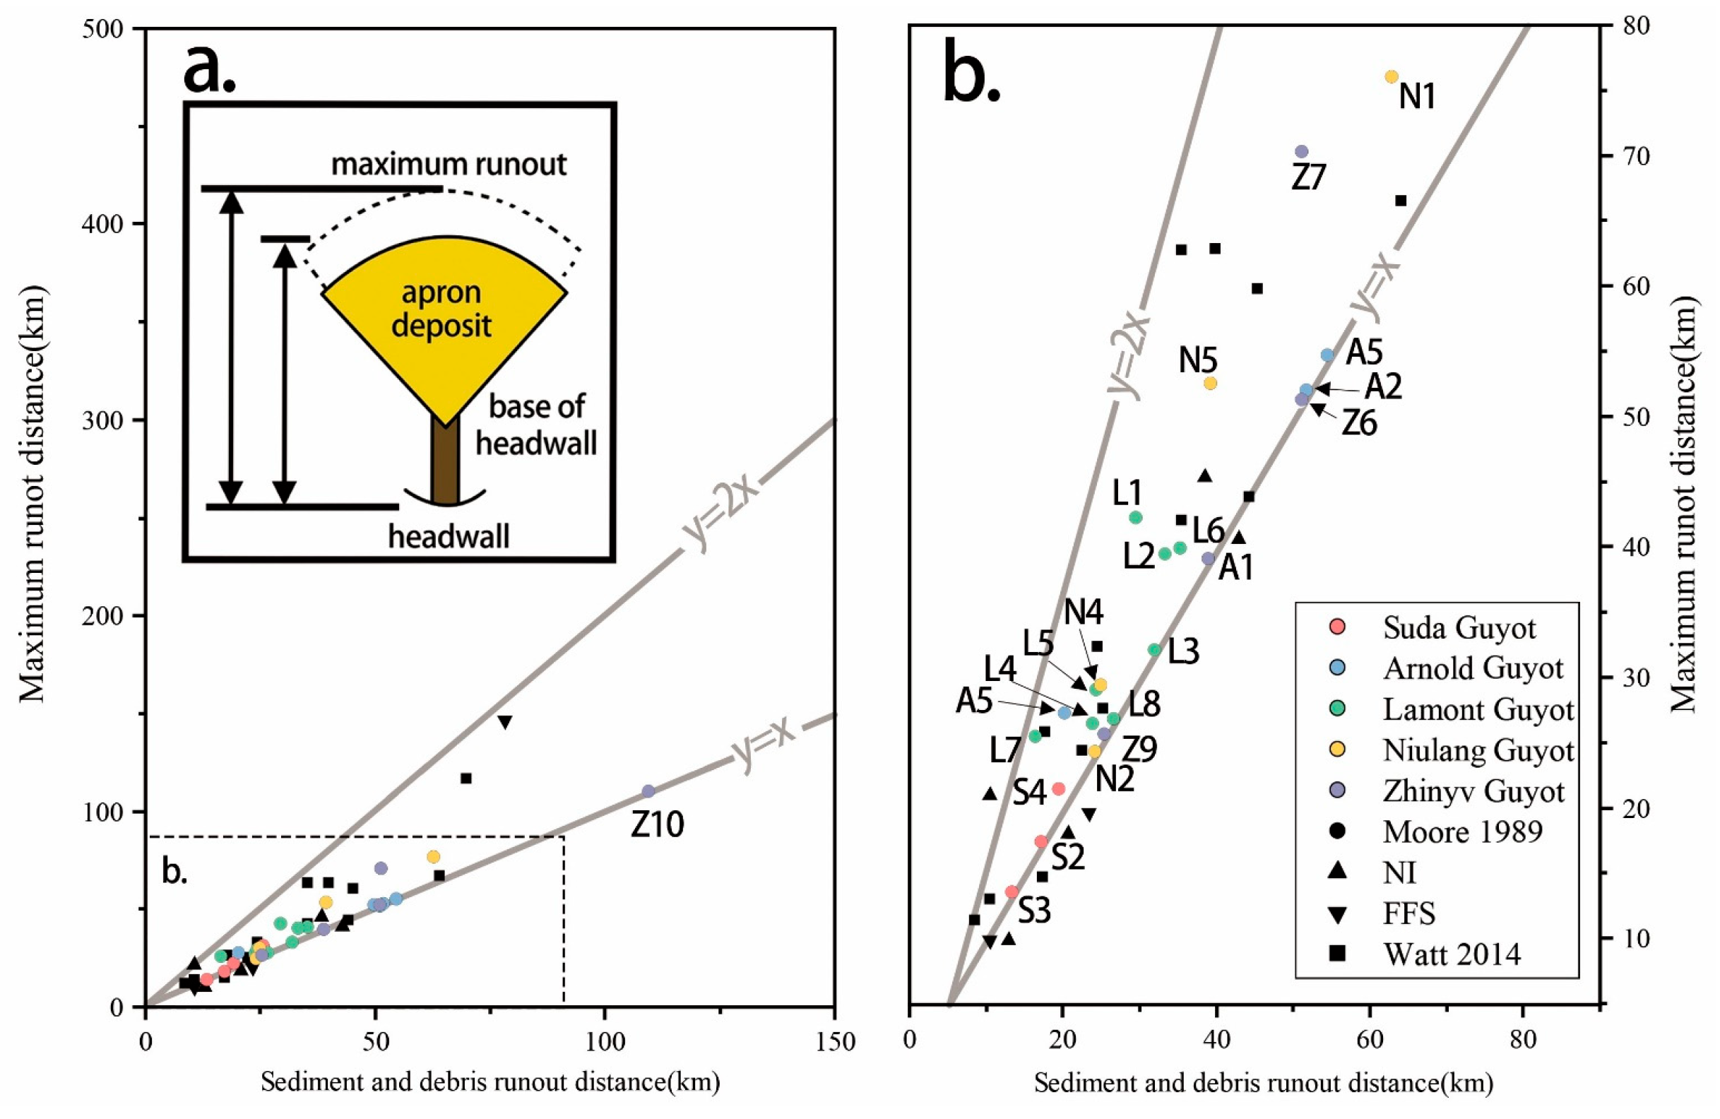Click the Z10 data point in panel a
click(x=648, y=791)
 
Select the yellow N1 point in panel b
click(x=1391, y=76)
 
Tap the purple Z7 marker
click(x=1302, y=152)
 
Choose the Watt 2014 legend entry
click(x=1450, y=954)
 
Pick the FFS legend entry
click(x=1407, y=913)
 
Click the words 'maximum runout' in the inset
click(x=448, y=165)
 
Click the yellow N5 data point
click(x=1211, y=383)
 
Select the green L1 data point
click(x=1135, y=518)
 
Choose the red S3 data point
click(x=1012, y=892)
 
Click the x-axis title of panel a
click(x=490, y=1082)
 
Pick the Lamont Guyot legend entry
click(x=1477, y=710)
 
